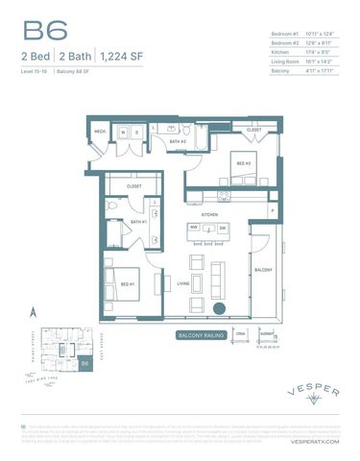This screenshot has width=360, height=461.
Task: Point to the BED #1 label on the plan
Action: coord(127,283)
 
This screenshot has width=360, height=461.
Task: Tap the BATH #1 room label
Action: coord(137,222)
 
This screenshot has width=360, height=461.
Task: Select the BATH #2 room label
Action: coord(179,141)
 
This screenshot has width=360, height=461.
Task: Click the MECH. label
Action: coord(100,132)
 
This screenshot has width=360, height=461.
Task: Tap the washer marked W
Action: coord(123,132)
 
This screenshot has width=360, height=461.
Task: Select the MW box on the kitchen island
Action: coord(193,228)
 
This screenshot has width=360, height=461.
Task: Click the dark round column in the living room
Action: coord(220,309)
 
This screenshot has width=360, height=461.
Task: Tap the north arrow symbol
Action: coord(33,311)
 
